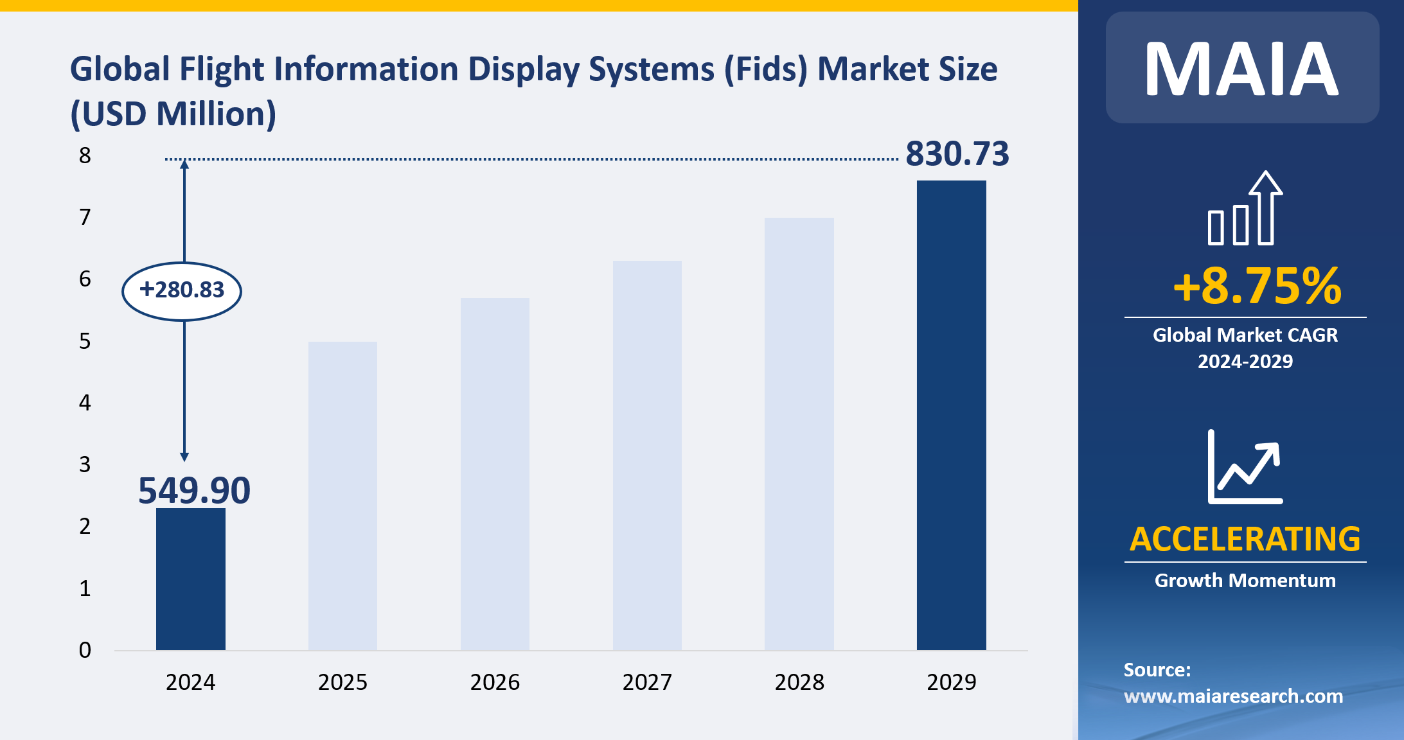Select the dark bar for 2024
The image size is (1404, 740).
(190, 579)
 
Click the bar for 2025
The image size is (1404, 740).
(342, 495)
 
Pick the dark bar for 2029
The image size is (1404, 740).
(951, 415)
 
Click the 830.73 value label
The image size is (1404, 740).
(957, 154)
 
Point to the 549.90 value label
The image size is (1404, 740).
(194, 491)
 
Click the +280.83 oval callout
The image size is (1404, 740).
(182, 290)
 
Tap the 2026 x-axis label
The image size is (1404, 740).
(495, 682)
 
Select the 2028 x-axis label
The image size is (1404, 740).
(799, 682)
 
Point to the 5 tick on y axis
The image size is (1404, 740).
(85, 341)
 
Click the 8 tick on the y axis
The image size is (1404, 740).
(85, 155)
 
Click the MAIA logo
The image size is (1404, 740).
(1241, 69)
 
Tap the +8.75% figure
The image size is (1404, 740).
(1257, 286)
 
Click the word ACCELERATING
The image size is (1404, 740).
(1245, 539)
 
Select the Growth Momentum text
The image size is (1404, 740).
(1245, 581)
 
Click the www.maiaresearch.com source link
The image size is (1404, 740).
(1233, 696)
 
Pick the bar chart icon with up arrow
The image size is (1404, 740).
(1245, 209)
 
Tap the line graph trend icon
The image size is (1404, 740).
(1245, 467)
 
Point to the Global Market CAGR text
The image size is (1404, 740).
(1245, 335)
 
